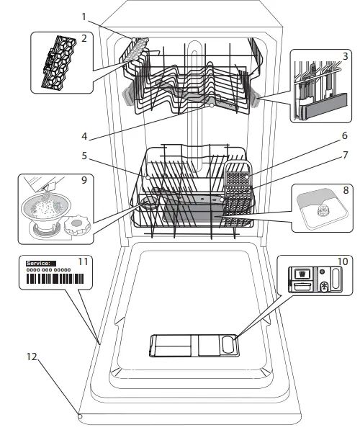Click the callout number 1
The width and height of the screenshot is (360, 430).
pos(84,15)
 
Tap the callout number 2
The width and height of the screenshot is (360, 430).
pos(84,37)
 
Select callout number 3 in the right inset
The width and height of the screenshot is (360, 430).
pos(346,55)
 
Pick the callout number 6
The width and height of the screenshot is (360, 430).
pos(345,135)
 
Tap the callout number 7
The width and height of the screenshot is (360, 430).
pos(345,155)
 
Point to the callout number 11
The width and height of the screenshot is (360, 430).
pos(83,261)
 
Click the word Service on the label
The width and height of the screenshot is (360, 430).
pos(37,264)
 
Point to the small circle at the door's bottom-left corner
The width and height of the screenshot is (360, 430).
pos(80,416)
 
